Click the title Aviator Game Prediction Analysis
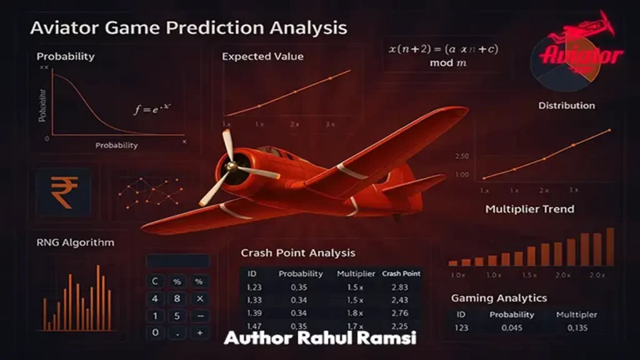pyautogui.click(x=188, y=28)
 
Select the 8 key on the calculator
pyautogui.click(x=177, y=299)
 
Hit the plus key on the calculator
pyautogui.click(x=200, y=333)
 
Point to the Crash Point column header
pyautogui.click(x=401, y=274)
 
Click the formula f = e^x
pyautogui.click(x=152, y=109)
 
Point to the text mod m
pyautogui.click(x=446, y=63)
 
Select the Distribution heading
pyautogui.click(x=566, y=106)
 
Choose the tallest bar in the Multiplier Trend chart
pyautogui.click(x=610, y=247)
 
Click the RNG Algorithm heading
pyautogui.click(x=76, y=242)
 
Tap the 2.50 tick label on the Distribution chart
pyautogui.click(x=479, y=156)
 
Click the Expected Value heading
pyautogui.click(x=262, y=56)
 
